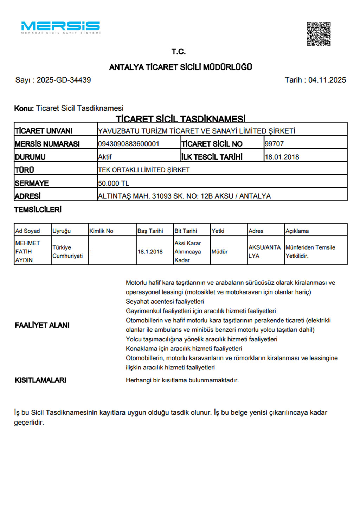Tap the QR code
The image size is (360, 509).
pos(319,34)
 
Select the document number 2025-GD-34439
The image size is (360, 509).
pos(64,80)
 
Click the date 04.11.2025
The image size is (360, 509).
pos(327,80)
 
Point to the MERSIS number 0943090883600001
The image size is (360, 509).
pos(129,144)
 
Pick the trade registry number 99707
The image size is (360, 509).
pos(274,144)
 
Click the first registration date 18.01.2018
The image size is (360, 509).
pos(282,157)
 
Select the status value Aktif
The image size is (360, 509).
pos(105,157)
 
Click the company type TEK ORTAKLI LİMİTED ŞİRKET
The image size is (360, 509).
pos(144,170)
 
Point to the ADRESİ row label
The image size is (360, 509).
pos(28,196)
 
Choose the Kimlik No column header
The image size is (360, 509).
pos(101,231)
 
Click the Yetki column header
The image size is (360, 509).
pos(218,231)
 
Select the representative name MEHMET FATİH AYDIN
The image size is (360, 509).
pos(27,251)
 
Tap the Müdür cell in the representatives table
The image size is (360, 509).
pos(220,252)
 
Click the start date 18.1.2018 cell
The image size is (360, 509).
pos(150,252)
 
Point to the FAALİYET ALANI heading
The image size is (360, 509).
pos(42,325)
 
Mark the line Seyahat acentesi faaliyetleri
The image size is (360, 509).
pos(165,302)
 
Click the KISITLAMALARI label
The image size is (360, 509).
pos(40,380)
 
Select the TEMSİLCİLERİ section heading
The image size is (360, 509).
pos(38,210)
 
